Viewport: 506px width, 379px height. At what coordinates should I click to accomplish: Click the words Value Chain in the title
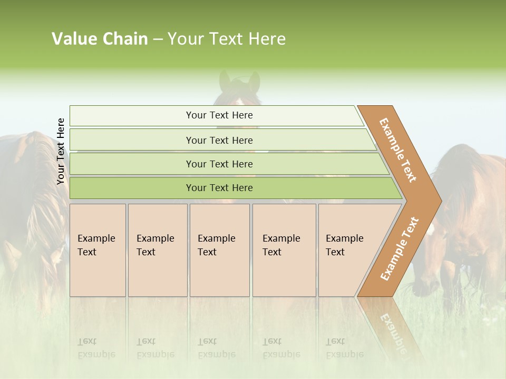click(x=100, y=39)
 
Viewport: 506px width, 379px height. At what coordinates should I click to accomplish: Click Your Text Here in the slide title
click(x=227, y=39)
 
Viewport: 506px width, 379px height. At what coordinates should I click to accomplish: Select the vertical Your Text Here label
click(x=61, y=152)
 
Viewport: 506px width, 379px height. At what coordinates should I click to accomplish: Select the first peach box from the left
click(x=98, y=250)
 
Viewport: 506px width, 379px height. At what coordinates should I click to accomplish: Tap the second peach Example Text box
click(x=158, y=250)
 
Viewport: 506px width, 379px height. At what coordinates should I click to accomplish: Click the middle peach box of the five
click(x=219, y=250)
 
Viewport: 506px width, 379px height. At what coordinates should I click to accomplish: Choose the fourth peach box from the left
click(x=284, y=250)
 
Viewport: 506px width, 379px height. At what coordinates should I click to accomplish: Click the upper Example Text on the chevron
click(x=398, y=150)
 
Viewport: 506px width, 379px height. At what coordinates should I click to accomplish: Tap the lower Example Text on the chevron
click(x=399, y=249)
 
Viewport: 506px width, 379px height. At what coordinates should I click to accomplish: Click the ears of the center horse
click(x=239, y=81)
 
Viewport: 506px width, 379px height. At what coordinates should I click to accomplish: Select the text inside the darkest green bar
click(x=219, y=188)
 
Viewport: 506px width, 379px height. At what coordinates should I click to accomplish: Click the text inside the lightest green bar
click(x=219, y=115)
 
